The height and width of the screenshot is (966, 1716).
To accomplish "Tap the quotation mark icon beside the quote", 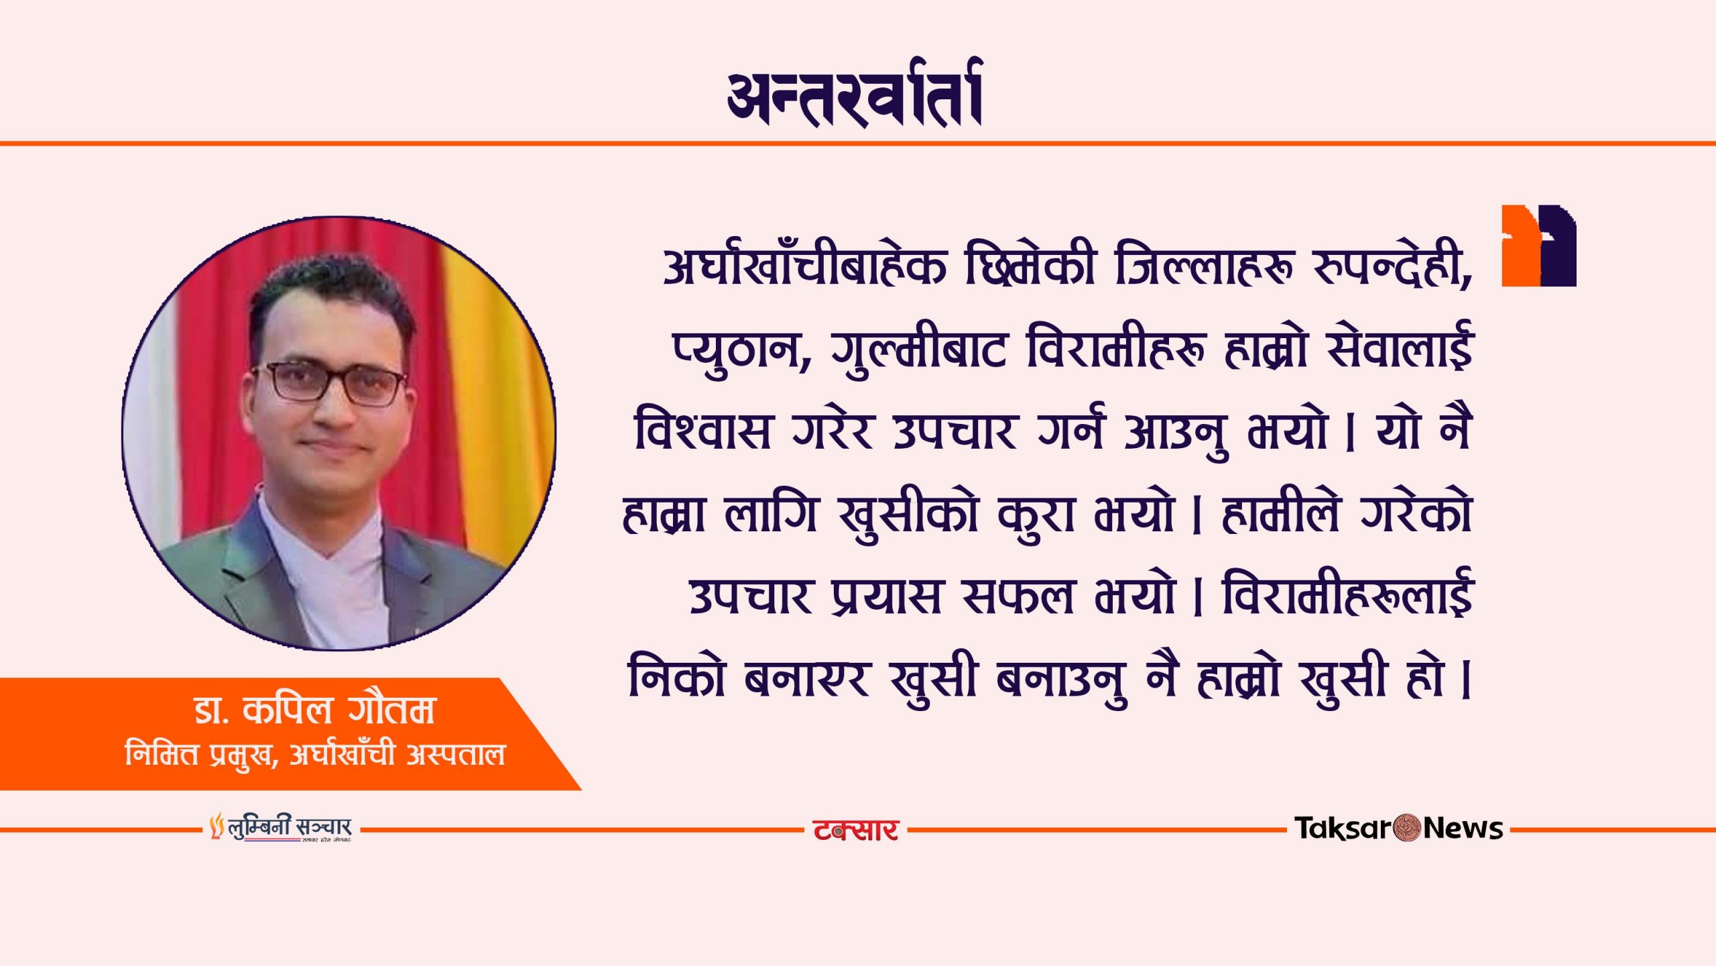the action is tap(1539, 246).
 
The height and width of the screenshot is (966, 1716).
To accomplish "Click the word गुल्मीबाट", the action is tap(918, 350).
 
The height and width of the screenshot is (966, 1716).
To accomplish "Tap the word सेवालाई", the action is tap(1399, 345).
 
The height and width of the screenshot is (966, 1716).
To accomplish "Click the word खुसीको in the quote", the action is tap(909, 515).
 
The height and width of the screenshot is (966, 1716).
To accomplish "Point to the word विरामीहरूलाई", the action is tap(1347, 592).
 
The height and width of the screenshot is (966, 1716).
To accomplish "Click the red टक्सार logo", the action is tap(855, 830).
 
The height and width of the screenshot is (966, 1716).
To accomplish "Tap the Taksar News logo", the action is tap(1398, 828).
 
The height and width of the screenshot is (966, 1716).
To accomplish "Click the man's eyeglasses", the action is tap(330, 382).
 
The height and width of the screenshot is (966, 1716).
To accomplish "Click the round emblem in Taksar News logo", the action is tap(1407, 828).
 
